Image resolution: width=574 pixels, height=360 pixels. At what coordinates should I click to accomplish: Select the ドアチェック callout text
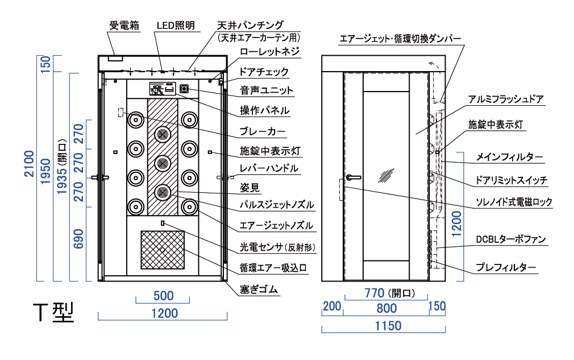pos(264,72)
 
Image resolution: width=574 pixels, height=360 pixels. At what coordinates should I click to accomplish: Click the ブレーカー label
pos(262,131)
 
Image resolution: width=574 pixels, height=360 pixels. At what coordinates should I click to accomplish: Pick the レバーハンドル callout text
pos(269,168)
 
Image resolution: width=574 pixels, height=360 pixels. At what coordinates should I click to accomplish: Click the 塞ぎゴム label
pos(259,289)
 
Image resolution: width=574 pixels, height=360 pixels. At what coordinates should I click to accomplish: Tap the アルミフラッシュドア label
pos(506,100)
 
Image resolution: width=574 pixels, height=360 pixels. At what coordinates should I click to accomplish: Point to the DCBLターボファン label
pos(511,239)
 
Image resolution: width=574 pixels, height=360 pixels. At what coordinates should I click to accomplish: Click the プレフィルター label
pos(506,267)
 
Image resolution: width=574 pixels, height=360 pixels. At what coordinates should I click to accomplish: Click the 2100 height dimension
pos(29,164)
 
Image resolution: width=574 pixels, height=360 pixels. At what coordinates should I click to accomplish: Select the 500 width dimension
pos(164,296)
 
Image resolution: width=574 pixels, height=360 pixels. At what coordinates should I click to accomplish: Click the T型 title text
pos(53,313)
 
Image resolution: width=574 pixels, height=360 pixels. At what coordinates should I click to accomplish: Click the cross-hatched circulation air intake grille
pos(163,250)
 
